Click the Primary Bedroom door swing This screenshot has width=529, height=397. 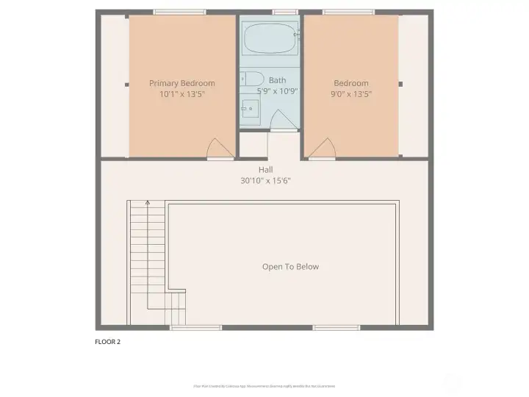coord(220,149)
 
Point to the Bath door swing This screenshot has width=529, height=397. coord(283,120)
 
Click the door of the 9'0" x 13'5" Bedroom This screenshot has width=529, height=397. coord(322,149)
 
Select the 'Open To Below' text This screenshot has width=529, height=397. coord(290,267)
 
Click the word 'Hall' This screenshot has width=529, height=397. coord(265,170)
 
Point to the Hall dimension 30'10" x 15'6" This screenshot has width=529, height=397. coord(265,181)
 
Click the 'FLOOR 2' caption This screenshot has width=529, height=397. coord(108,341)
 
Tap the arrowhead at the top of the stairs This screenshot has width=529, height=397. coord(148,202)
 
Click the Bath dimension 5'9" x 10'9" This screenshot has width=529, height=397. coord(277,91)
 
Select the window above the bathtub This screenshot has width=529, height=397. coord(284,12)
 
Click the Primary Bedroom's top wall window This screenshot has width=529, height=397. coord(179,12)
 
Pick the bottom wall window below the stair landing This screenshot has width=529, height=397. coord(185,327)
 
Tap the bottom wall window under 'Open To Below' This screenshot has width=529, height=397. coord(334,327)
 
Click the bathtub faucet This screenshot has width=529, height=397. coord(296,35)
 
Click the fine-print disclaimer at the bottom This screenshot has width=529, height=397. coord(264,386)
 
